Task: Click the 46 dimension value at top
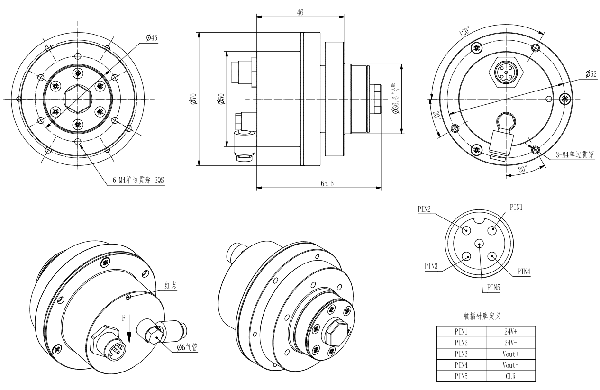(300, 12)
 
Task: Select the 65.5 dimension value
(327, 183)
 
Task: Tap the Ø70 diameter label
(194, 99)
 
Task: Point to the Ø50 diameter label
(221, 99)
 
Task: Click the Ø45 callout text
(152, 38)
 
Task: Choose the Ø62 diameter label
(591, 73)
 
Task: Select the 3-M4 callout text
(575, 155)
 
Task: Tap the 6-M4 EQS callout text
(138, 180)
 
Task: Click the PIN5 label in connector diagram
(494, 288)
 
